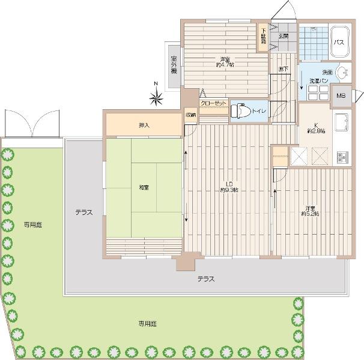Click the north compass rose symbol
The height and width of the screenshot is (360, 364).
156,95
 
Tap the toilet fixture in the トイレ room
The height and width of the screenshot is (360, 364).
241,111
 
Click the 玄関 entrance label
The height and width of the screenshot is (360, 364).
283,35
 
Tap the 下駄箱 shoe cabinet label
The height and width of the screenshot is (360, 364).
263,35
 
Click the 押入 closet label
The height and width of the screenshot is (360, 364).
144,125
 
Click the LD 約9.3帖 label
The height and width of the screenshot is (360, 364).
229,187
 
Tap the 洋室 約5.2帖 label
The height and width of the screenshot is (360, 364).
310,211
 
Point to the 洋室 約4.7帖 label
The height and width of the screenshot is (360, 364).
225,62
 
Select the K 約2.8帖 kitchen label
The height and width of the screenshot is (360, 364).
313,128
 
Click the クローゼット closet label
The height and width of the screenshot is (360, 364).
213,103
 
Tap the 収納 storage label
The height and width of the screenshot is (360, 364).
190,115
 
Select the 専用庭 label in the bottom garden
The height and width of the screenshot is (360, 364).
147,323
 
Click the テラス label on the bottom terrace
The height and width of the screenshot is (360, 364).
205,279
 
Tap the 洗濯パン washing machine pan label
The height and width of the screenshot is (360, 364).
318,80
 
